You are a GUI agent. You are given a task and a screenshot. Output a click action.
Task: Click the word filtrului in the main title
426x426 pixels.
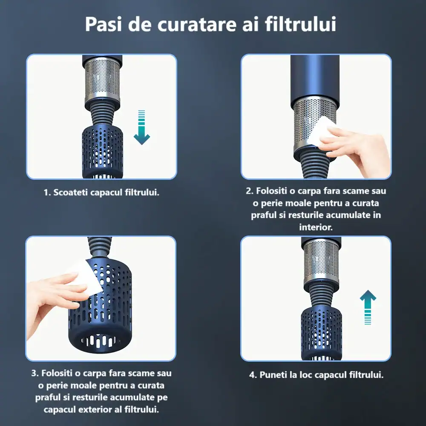coord(300,24)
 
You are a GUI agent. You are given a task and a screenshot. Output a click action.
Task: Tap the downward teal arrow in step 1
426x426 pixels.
coord(141,127)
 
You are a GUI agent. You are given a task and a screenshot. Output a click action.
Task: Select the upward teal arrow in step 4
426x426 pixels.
coord(368,307)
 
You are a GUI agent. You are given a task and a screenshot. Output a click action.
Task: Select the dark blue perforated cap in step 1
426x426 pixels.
coord(102,151)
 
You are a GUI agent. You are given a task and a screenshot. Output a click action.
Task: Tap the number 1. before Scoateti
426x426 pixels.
coord(47,193)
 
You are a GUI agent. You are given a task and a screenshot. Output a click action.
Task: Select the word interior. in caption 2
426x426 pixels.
coord(316,227)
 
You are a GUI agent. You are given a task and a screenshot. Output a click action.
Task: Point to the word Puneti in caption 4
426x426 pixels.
coord(273,375)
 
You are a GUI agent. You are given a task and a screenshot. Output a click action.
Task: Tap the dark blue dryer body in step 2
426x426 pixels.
coord(315,79)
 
